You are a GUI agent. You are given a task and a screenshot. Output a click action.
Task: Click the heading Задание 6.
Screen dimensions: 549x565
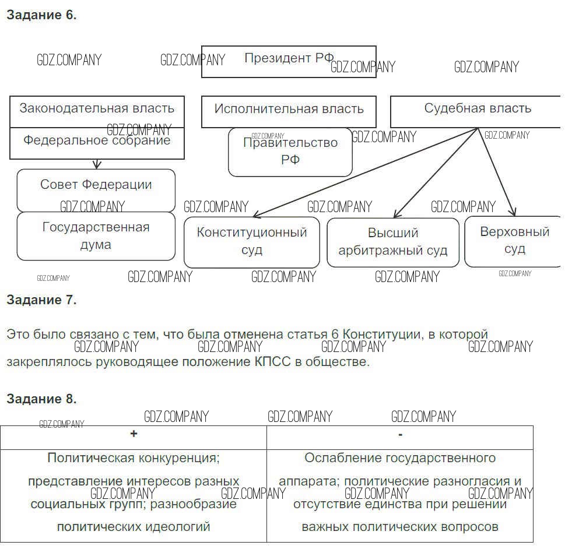(41, 16)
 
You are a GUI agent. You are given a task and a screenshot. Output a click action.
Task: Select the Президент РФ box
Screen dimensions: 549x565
(289, 61)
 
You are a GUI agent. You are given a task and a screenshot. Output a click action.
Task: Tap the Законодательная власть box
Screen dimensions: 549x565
(97, 111)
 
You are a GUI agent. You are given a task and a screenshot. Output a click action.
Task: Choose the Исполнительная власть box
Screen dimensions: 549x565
(289, 111)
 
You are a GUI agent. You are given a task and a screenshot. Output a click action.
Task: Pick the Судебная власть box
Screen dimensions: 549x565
(477, 111)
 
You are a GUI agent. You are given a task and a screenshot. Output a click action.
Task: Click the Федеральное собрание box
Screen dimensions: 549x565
(97, 143)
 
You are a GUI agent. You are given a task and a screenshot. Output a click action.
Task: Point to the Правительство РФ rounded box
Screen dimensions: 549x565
(290, 152)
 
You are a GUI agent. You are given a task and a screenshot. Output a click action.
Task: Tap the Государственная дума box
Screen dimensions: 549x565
(96, 236)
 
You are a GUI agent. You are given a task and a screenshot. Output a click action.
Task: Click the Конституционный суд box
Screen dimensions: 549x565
(251, 242)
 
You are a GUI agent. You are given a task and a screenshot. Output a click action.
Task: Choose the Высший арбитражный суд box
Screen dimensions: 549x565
(393, 242)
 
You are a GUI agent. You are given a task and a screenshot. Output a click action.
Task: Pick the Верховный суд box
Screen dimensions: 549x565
(514, 241)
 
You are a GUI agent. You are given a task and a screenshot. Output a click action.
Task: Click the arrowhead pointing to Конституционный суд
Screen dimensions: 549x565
(256, 216)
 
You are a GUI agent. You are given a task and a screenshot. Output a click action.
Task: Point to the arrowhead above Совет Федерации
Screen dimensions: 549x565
(97, 166)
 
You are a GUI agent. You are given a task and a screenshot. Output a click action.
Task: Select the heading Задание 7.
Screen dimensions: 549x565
(41, 300)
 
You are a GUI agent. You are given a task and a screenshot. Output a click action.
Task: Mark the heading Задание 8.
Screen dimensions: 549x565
(41, 399)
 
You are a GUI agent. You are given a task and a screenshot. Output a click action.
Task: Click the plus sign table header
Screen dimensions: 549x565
(134, 434)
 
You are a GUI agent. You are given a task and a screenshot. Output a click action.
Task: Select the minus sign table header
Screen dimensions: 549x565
(400, 435)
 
